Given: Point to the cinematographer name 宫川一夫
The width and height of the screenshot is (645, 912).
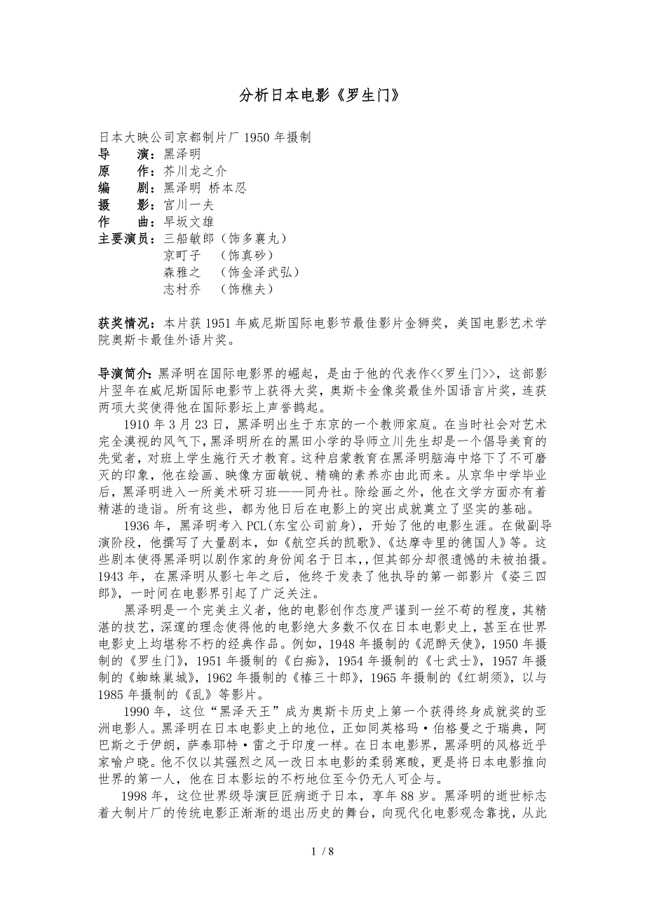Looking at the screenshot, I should click(189, 205).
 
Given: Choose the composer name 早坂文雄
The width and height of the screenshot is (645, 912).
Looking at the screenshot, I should click(189, 222).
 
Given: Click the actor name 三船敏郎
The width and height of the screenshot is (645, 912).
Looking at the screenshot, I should click(189, 239).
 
